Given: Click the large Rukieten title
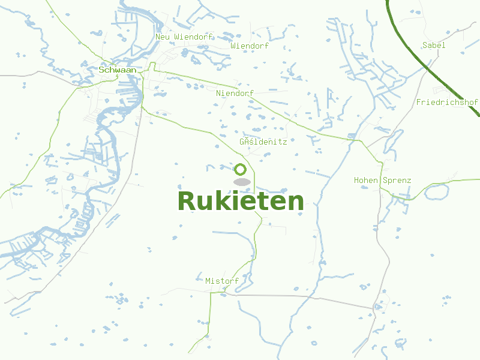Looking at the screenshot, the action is coord(241,201).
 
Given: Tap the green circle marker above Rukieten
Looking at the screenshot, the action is coord(241,170).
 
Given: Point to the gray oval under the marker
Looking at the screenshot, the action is coord(241,182).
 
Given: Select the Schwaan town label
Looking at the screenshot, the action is coord(118,70).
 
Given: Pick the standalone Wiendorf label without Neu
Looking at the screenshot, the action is coord(250,46).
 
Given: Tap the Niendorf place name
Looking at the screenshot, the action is coord(235,94).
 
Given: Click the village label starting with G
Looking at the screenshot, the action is coord(263,142).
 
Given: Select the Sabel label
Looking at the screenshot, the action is coord(434,46).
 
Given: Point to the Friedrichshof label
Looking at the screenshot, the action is coord(447,103).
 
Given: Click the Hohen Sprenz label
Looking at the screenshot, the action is coord(382,181).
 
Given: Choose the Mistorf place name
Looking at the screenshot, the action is coord(222,281).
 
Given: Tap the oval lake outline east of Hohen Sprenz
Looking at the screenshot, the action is coord(436,192).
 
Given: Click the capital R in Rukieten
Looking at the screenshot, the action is coord(187,201).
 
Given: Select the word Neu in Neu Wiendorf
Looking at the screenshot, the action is coord(162,37).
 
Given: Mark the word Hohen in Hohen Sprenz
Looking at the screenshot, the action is coord(365,181).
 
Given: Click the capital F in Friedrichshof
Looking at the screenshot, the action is coord(419,103).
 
